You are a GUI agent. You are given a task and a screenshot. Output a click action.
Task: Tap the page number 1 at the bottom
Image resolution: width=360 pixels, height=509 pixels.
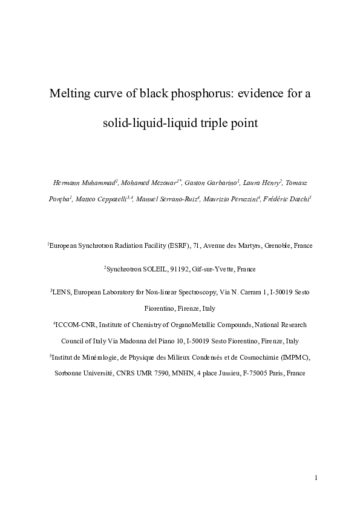pyautogui.click(x=316, y=478)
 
